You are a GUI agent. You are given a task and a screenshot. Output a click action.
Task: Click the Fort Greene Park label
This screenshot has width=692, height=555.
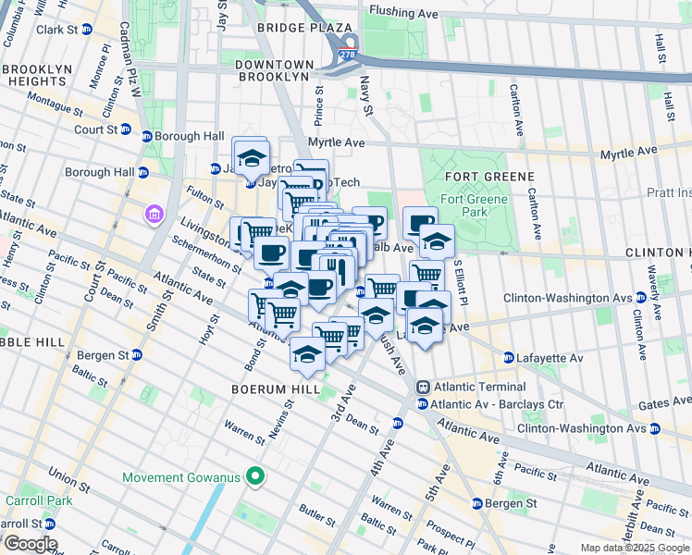[474, 205]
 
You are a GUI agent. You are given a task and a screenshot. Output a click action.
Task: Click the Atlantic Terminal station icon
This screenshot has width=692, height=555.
[423, 387]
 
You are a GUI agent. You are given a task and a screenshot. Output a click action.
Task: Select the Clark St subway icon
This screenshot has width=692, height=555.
[86, 30]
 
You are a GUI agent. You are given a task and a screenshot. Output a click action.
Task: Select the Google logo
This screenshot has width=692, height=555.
[30, 544]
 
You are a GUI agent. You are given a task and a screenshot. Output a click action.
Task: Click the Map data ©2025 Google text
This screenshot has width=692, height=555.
[635, 548]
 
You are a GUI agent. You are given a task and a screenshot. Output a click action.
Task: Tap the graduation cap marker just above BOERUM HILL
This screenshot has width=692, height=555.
[307, 352]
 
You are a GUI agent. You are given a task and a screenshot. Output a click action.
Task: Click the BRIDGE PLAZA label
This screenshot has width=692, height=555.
[292, 29]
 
